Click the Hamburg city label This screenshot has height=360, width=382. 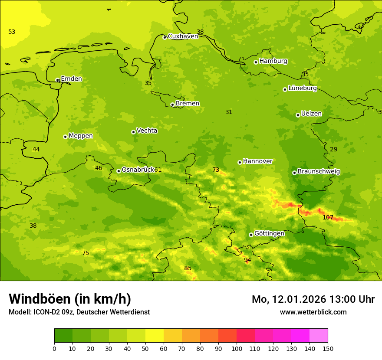[273, 61]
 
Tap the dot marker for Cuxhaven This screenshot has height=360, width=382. [165, 37]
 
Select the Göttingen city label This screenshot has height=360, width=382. [269, 233]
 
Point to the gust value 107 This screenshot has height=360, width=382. [328, 217]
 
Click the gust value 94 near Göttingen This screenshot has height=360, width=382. [247, 260]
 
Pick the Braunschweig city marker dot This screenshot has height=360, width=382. [294, 173]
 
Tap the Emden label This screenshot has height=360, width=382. [71, 79]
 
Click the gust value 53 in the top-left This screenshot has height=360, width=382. [12, 32]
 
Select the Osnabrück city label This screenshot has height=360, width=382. [138, 170]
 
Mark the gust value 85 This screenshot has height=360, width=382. [188, 268]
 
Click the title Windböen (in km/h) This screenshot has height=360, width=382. [70, 299]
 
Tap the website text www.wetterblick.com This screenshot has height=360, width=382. [313, 312]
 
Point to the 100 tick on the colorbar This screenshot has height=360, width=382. [237, 348]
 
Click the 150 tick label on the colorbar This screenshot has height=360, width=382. [328, 348]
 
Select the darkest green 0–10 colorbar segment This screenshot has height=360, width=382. [63, 336]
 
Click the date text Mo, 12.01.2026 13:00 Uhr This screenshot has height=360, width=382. [313, 299]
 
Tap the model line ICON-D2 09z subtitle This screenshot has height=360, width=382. [79, 312]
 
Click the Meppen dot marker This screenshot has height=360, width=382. [65, 137]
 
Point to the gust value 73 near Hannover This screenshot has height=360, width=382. [216, 170]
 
